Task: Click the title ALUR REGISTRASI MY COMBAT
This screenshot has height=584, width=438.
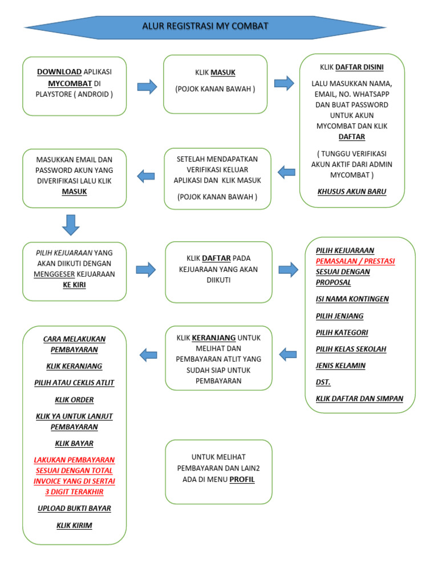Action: coord(205,26)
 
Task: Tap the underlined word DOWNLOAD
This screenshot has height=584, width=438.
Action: coord(59,72)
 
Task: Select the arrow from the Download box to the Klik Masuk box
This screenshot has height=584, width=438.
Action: coord(147,87)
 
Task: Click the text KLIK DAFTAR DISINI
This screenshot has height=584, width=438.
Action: coord(351,67)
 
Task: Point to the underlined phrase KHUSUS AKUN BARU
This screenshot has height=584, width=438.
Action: coord(351,192)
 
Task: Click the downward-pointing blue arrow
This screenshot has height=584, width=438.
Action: coord(71,225)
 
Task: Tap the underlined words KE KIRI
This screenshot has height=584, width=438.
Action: coord(74,285)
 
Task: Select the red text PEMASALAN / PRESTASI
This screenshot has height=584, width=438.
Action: coord(355,261)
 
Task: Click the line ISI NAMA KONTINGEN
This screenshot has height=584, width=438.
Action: coord(352,299)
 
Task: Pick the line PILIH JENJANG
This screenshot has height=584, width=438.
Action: coord(339,316)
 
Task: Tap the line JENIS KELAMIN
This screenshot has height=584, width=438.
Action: coord(340,366)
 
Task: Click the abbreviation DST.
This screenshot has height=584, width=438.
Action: coord(323,382)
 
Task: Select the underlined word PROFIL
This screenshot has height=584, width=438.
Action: coord(242,480)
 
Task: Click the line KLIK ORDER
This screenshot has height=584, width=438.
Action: coord(74,400)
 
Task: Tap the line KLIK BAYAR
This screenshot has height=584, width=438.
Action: coord(74,443)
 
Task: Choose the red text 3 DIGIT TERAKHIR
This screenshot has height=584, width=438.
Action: coord(74,492)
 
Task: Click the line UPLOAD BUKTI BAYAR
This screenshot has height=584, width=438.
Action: coord(74,508)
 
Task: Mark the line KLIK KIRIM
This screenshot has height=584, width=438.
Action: coord(74,525)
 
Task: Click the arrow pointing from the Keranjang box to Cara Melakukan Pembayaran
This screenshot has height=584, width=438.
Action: coord(148,355)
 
